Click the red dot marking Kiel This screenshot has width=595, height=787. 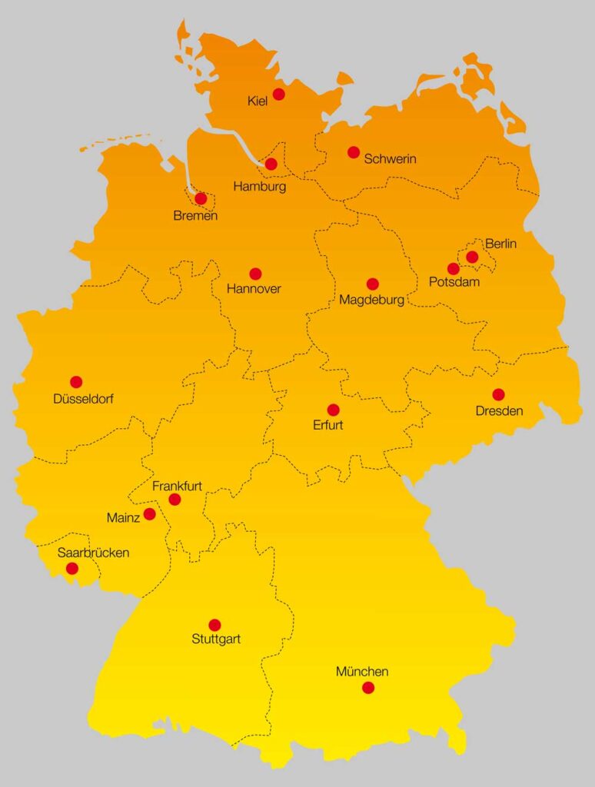pyautogui.click(x=278, y=94)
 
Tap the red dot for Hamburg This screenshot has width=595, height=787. pyautogui.click(x=271, y=164)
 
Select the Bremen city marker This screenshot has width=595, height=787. pyautogui.click(x=201, y=198)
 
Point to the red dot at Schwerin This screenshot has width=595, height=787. pyautogui.click(x=354, y=152)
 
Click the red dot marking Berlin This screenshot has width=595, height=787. pyautogui.click(x=472, y=257)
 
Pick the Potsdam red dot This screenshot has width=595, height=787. pyautogui.click(x=454, y=269)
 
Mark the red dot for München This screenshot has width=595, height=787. pyautogui.click(x=368, y=687)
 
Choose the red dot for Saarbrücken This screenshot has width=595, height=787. pyautogui.click(x=71, y=569)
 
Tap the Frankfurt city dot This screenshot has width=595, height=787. pyautogui.click(x=175, y=500)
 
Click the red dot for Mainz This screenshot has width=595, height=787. pyautogui.click(x=149, y=514)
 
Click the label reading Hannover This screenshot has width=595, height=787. pyautogui.click(x=254, y=290)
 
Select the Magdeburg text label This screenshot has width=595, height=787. pyautogui.click(x=371, y=301)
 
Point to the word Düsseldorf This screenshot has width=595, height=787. pyautogui.click(x=84, y=399)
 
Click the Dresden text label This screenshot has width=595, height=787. pyautogui.click(x=499, y=411)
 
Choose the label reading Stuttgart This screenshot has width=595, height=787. pyautogui.click(x=216, y=639)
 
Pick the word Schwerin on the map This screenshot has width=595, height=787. pyautogui.click(x=391, y=159)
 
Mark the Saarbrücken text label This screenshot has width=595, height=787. pyautogui.click(x=93, y=553)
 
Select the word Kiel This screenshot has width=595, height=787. pyautogui.click(x=258, y=101)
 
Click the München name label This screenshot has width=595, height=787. pyautogui.click(x=362, y=672)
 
